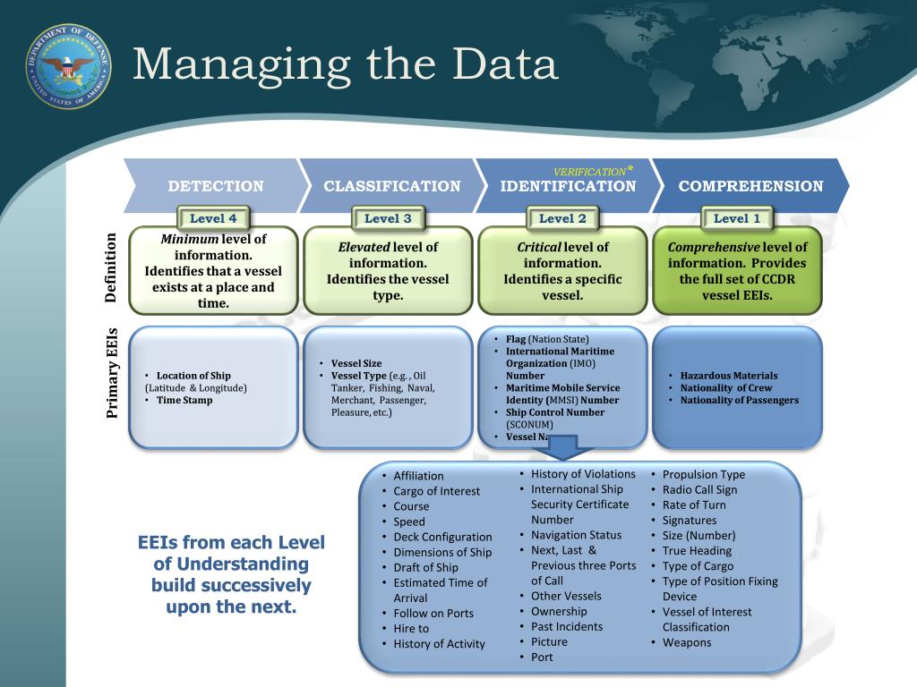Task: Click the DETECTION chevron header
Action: (x=216, y=186)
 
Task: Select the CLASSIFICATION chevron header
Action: (x=391, y=186)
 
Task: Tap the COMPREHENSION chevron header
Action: (x=750, y=186)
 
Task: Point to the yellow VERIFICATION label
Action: (x=589, y=171)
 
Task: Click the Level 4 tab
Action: (x=213, y=218)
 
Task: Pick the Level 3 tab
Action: (x=388, y=218)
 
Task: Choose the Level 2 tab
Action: (x=562, y=218)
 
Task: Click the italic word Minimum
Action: (x=189, y=240)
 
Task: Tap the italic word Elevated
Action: (x=364, y=247)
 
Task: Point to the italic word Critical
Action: (x=538, y=247)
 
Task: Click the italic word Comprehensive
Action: (x=713, y=247)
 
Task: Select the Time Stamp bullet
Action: (x=184, y=401)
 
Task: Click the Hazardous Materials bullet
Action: (x=728, y=376)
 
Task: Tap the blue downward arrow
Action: (x=565, y=447)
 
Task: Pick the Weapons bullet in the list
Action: (x=687, y=642)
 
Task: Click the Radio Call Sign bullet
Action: (x=699, y=489)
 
